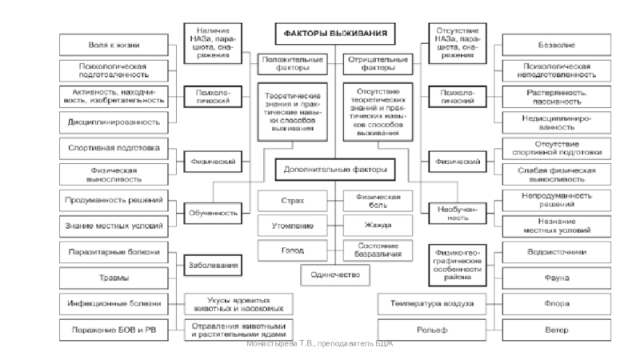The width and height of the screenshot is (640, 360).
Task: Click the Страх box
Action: tap(292, 201)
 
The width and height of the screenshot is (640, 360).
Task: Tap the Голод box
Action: tap(292, 250)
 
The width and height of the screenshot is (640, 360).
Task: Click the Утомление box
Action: tap(292, 226)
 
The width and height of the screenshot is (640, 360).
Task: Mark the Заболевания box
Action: tap(214, 265)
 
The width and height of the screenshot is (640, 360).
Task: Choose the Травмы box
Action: tap(114, 277)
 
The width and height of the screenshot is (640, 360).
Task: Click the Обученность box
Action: tap(214, 213)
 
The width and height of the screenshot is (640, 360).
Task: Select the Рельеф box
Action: tap(432, 329)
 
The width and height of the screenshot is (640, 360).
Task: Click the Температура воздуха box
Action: tap(432, 303)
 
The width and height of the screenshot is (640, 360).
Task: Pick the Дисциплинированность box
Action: tap(114, 123)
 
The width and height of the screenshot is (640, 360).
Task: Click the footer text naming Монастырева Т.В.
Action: tap(320, 344)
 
